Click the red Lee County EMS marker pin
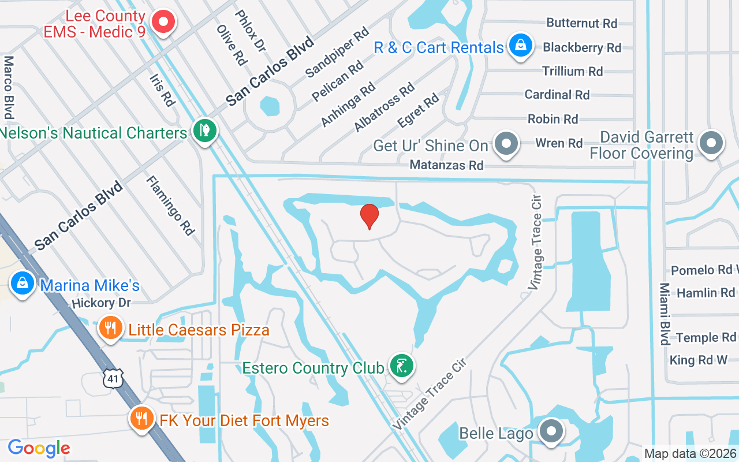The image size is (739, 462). pos(163,23)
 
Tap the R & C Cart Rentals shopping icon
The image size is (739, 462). pos(520,46)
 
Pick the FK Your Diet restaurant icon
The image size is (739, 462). pos(140,418)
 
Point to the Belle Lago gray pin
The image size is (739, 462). pos(551,431)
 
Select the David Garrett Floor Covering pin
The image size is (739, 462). pos(711,143)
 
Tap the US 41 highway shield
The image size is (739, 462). pos(111,379)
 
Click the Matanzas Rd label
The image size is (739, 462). pos(446,165)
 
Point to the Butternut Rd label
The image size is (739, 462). pos(581,23)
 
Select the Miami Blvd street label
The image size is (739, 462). pos(665,314)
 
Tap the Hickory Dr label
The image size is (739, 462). pos(102,303)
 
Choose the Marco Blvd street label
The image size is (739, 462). pos(9,87)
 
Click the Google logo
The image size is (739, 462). pos(39,448)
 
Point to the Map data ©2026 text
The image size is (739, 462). pos(691,454)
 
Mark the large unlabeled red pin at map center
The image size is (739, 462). pos(369,216)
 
